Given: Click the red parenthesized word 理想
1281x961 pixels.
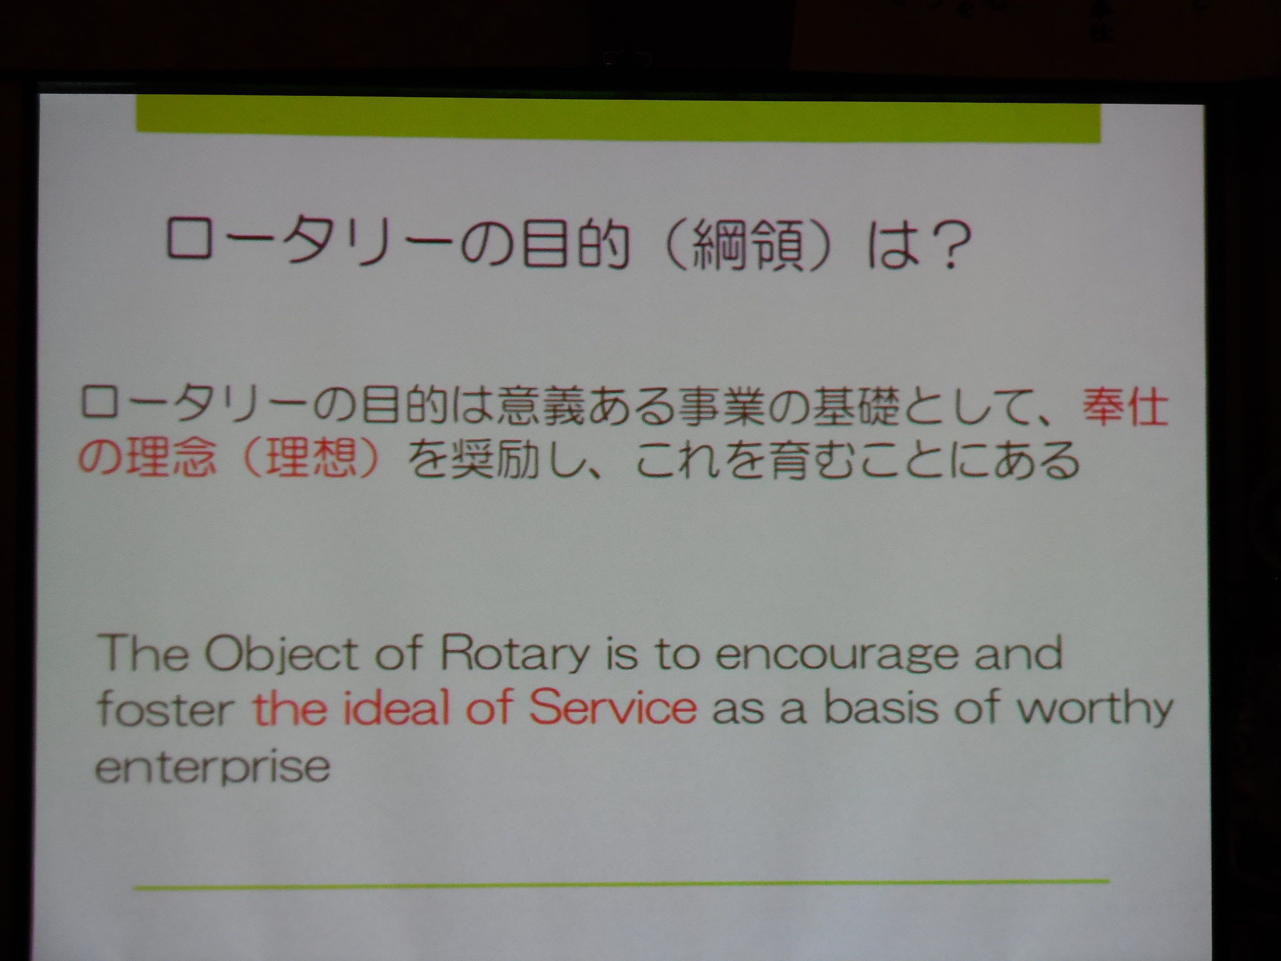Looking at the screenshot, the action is click(x=309, y=459).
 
